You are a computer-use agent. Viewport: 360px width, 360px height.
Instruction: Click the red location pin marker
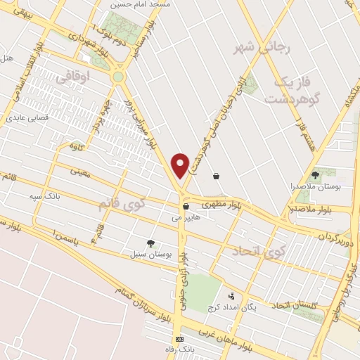pyautogui.click(x=181, y=165)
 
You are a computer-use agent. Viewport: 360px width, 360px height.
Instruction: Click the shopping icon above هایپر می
pyautogui.click(x=186, y=207)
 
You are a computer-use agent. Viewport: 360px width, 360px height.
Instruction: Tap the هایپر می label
pyautogui.click(x=186, y=218)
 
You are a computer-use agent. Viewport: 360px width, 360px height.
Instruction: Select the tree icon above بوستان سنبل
pyautogui.click(x=150, y=243)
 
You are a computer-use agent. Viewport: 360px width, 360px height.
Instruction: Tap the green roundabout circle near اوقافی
pyautogui.click(x=117, y=76)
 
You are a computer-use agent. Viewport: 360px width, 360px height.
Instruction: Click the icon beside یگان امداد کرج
pyautogui.click(x=231, y=296)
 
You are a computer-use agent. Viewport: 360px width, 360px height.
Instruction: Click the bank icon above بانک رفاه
pyautogui.click(x=179, y=339)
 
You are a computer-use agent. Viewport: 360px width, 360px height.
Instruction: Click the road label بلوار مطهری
pyautogui.click(x=222, y=204)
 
